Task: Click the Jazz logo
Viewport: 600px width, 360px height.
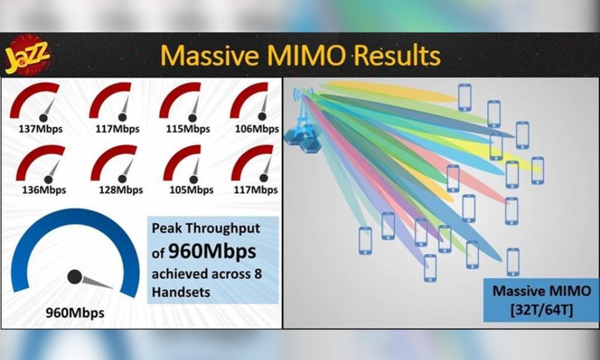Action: [x=28, y=55]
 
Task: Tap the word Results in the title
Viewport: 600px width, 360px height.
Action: [x=397, y=55]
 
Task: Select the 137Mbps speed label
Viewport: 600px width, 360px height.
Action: [x=41, y=129]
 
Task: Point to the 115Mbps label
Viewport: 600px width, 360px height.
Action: [x=188, y=129]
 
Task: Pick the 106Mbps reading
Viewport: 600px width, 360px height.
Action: [x=257, y=129]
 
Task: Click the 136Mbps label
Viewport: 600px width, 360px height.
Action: [x=44, y=190]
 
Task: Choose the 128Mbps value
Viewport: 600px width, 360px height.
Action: [x=121, y=190]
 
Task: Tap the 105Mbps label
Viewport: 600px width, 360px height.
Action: [x=191, y=190]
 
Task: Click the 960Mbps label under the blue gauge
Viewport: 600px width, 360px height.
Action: [x=75, y=313]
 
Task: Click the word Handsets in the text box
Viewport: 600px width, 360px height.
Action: [x=181, y=292]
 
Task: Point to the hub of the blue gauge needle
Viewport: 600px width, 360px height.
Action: [x=74, y=277]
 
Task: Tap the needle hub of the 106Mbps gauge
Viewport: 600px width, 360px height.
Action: [x=262, y=116]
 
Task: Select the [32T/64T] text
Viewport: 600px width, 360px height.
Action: [x=542, y=310]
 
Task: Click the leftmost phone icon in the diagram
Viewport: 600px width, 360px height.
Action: [x=365, y=241]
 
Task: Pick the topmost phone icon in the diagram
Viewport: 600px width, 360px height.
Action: [x=464, y=98]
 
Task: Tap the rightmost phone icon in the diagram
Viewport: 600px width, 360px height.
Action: [x=537, y=170]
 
